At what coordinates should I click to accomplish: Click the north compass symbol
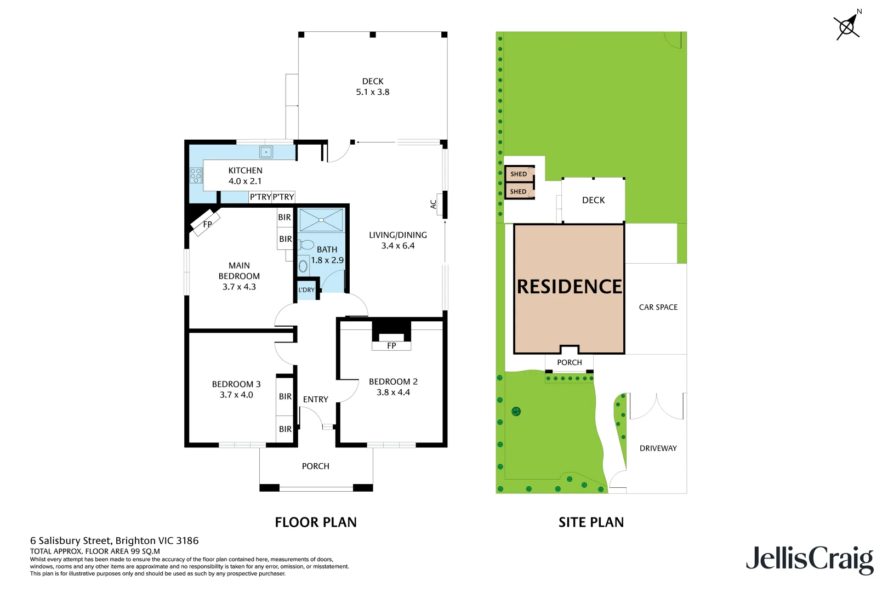pos(847,26)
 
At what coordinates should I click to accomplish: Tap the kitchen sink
pos(266,152)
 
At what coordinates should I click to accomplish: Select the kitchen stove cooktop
pos(196,175)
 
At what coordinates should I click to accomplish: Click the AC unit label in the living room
pos(433,204)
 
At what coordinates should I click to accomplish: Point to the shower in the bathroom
pos(321,220)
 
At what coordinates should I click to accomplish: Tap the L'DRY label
pos(306,290)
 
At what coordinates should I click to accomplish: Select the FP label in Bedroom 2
pos(391,346)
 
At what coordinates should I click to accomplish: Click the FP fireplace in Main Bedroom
pos(207,224)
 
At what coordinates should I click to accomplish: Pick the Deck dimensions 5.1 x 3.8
pos(373,92)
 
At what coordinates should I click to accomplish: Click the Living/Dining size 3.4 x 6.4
pos(398,246)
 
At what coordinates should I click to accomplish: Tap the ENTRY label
pos(316,400)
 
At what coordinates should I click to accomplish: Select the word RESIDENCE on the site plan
pos(570,287)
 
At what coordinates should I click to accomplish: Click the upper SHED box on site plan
pos(519,174)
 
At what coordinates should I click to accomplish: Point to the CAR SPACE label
pos(658,308)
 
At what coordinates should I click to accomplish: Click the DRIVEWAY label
pos(658,448)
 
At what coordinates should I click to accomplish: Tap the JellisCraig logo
pos(809,559)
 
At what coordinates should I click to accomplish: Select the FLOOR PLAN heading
pos(316,522)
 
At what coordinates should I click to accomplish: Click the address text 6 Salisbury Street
pos(114,540)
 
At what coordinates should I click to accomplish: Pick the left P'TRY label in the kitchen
pos(260,197)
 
